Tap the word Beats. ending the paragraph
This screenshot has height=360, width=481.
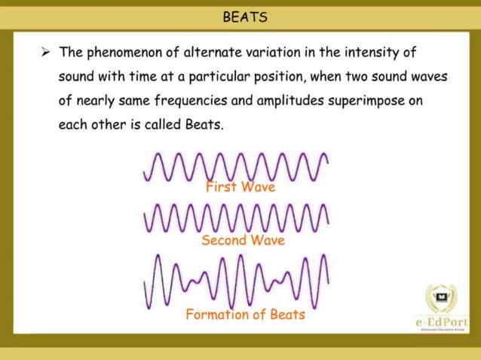204,124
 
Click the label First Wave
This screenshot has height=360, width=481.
240,187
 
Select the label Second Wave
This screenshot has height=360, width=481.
243,240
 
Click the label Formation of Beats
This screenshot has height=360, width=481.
245,315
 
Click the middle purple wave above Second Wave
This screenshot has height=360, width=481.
236,218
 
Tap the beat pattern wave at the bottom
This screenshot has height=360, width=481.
236,281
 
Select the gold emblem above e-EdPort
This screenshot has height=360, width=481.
440,298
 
